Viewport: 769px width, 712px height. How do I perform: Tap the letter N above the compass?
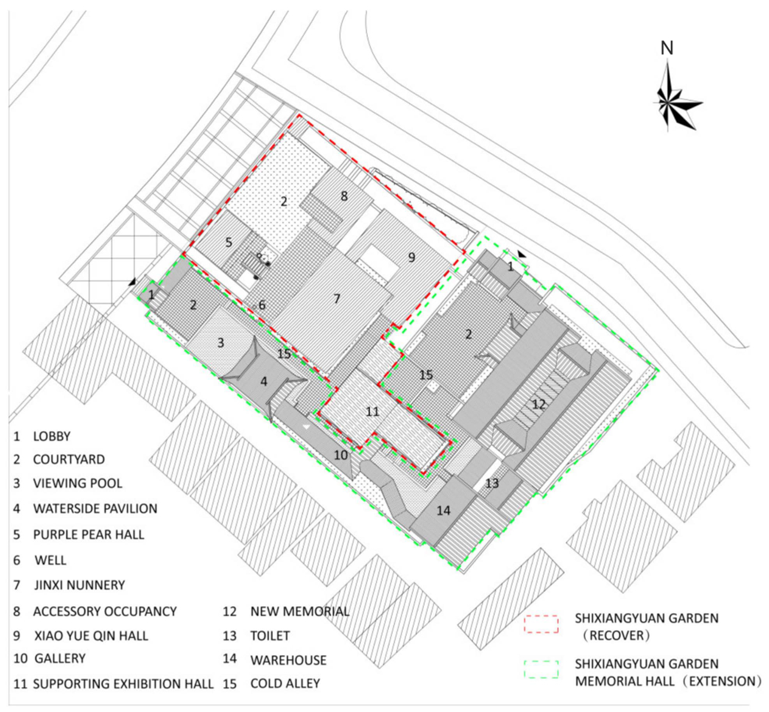coord(667,48)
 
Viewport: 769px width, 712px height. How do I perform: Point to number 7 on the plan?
coord(337,299)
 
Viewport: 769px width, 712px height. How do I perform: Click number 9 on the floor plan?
coord(411,257)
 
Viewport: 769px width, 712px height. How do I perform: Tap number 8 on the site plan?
coord(344,196)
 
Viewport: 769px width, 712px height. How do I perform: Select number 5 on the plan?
coord(229,242)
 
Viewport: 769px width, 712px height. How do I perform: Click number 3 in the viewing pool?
coord(220,343)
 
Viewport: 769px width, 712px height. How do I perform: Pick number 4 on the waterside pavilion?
coord(264,381)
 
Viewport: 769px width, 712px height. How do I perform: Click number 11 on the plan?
coord(372,412)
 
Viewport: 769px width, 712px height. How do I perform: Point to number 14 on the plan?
coord(443,510)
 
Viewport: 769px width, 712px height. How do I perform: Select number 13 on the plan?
coord(492,483)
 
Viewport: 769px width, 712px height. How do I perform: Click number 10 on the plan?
coord(341,455)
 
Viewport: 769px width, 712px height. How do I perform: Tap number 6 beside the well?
coord(262,305)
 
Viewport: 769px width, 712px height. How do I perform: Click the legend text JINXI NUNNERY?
coord(79,585)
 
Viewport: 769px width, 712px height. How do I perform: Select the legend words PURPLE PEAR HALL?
coord(89,534)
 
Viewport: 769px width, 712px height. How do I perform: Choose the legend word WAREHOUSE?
coord(288,660)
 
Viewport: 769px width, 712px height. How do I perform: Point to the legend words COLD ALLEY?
coord(285,684)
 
